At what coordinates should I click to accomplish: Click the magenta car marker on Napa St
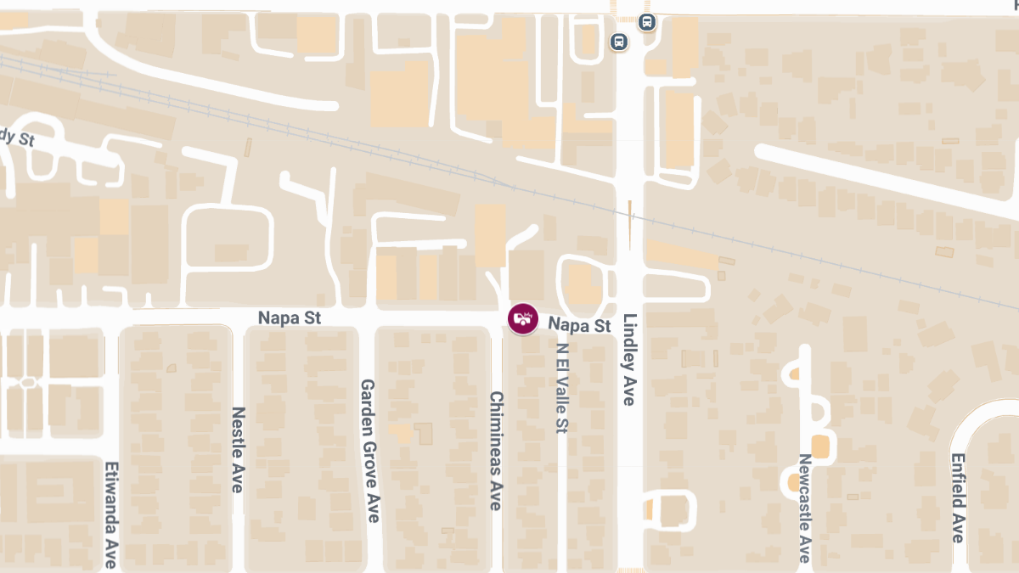click(523, 318)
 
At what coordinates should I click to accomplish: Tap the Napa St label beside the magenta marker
click(579, 325)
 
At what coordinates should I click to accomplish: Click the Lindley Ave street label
click(629, 360)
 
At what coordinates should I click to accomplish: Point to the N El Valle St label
click(560, 388)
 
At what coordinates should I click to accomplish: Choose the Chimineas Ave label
click(496, 451)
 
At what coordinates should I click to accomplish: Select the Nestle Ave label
click(238, 449)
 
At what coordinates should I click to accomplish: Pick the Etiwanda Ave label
click(110, 514)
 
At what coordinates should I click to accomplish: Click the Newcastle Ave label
click(804, 508)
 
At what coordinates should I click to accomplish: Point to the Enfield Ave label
click(957, 497)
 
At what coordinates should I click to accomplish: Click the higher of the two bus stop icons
click(648, 22)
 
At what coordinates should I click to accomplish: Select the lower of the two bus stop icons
click(619, 41)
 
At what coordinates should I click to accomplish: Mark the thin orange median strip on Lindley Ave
click(629, 222)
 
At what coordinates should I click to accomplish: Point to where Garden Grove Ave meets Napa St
click(367, 317)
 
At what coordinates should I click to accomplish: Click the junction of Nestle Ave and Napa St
click(238, 317)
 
